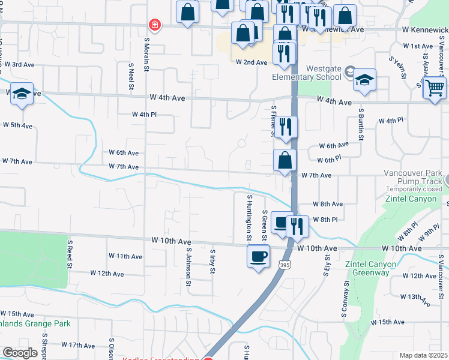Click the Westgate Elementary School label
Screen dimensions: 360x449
tap(305, 73)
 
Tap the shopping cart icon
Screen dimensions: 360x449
tap(435, 88)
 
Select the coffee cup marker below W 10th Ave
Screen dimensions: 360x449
tap(259, 257)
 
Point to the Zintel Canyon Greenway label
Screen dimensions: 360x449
tap(370, 268)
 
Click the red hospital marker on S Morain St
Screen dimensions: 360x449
tap(155, 25)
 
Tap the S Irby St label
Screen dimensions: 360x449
tap(212, 262)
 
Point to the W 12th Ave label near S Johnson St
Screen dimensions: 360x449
tap(107, 273)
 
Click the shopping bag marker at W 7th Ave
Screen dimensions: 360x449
tap(285, 161)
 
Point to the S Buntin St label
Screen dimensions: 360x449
tap(361, 124)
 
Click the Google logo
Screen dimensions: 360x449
tap(20, 353)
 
